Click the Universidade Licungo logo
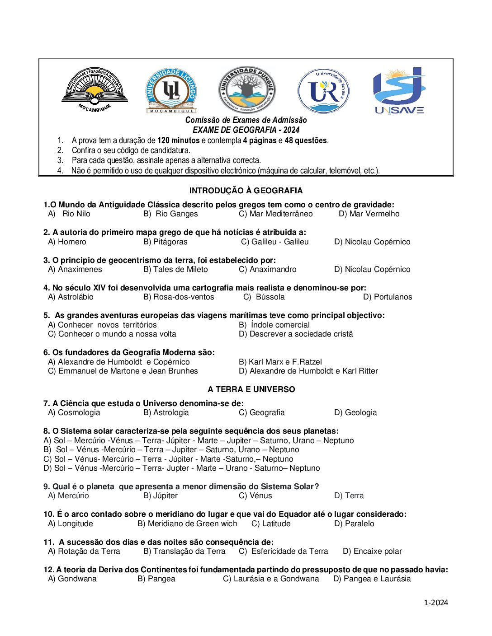click(171, 91)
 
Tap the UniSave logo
click(399, 90)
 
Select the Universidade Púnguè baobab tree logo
click(247, 89)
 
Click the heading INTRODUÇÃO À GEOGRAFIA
click(246, 191)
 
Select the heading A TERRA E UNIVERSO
click(251, 389)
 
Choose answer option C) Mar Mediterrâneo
click(276, 214)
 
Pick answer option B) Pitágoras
click(166, 242)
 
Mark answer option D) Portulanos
click(388, 297)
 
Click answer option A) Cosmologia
click(74, 412)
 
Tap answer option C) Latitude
click(271, 524)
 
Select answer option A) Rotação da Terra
click(84, 551)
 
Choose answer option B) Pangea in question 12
click(156, 579)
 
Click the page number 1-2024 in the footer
click(436, 602)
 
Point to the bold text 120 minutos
click(178, 140)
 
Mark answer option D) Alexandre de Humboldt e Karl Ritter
click(308, 371)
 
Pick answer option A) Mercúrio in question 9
click(69, 496)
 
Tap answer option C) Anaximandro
click(268, 269)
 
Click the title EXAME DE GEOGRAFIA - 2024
click(246, 130)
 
